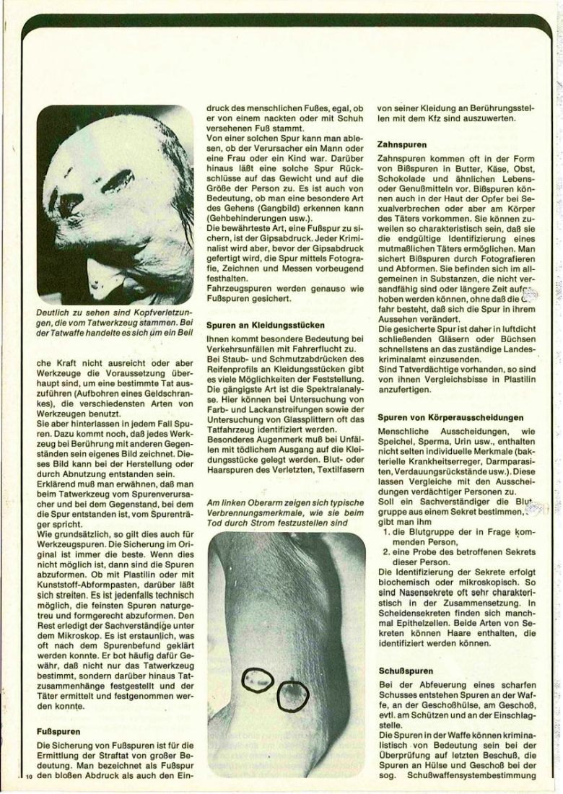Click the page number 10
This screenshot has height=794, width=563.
29,777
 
